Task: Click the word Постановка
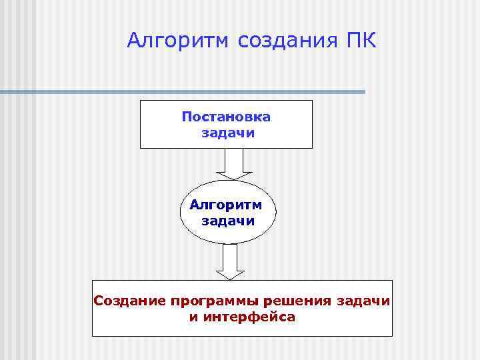point(226,117)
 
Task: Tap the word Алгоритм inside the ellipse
point(226,205)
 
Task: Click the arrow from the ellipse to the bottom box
point(231,260)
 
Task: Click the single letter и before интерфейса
point(193,317)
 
